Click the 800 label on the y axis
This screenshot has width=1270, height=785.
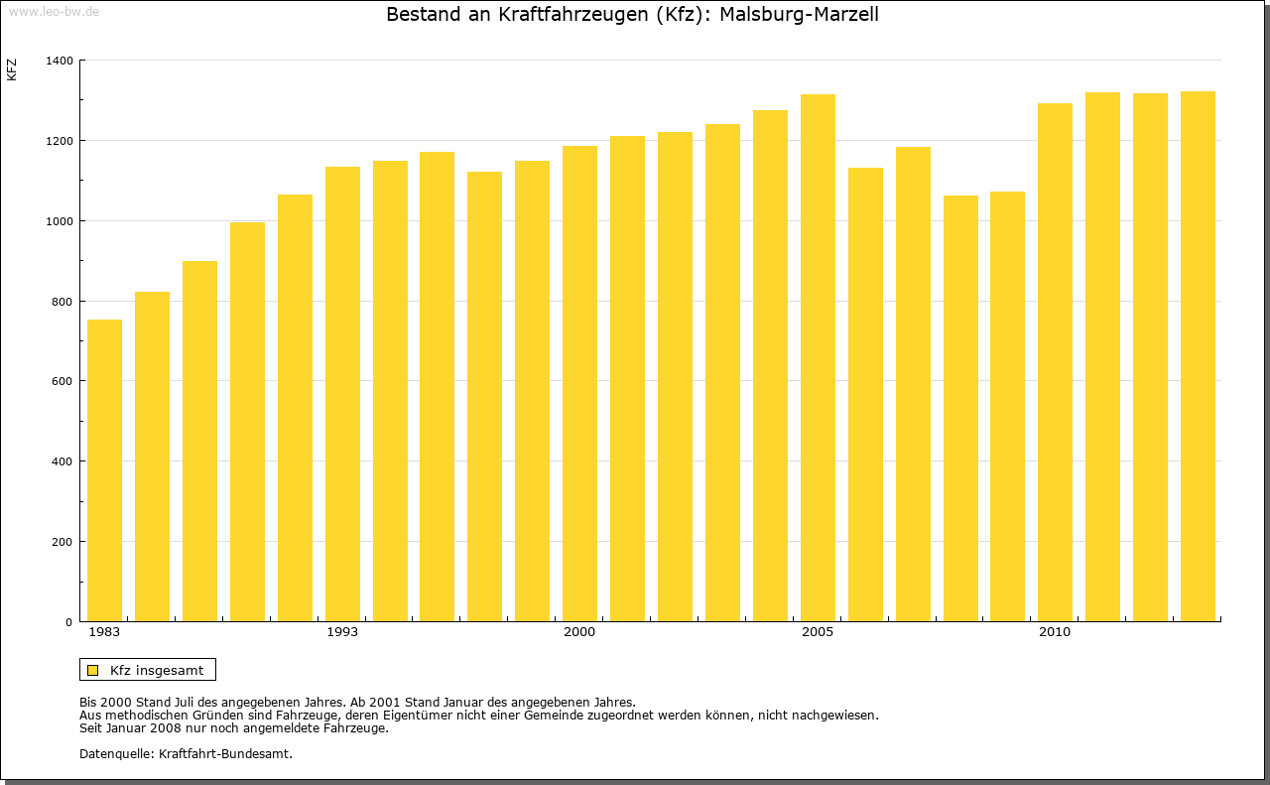[63, 302]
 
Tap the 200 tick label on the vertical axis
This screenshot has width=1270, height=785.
[63, 542]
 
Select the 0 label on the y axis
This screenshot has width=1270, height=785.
[68, 622]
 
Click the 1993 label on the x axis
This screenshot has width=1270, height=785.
[342, 632]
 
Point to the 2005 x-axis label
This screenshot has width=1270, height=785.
[818, 632]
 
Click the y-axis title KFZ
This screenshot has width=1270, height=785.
[12, 69]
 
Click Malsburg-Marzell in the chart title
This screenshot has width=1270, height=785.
[799, 15]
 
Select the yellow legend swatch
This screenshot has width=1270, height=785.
[93, 670]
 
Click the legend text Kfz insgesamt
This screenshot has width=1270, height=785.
[157, 670]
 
